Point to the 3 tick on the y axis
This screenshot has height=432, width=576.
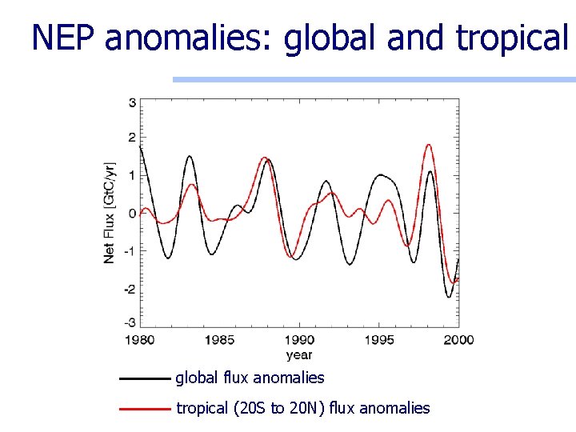[x=132, y=102]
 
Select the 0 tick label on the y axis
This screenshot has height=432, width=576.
[x=132, y=213]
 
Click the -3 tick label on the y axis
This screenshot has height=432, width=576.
[x=130, y=322]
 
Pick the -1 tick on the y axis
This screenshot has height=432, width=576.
[x=130, y=250]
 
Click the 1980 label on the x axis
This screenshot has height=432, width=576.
[x=140, y=340]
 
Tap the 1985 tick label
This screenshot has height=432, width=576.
[x=220, y=340]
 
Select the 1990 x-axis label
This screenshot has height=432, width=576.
[x=300, y=340]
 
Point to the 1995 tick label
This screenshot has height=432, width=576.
[x=380, y=340]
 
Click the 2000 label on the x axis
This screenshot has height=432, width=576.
[x=459, y=340]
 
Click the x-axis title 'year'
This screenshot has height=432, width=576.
[x=299, y=354]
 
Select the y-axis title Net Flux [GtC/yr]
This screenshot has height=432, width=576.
[x=110, y=212]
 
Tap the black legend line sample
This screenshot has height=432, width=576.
[x=145, y=378]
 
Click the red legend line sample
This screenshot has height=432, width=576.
[x=145, y=409]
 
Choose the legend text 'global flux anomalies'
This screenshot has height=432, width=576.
[x=250, y=378]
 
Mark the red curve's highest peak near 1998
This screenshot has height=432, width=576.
[x=429, y=145]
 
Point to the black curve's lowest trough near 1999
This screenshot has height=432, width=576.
[x=449, y=297]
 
